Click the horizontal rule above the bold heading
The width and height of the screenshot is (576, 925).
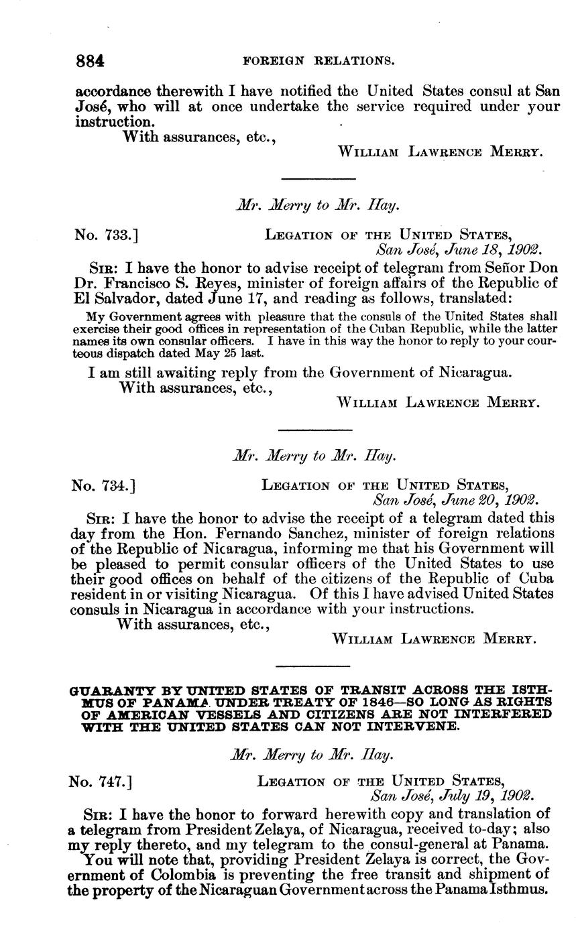coord(313,666)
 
